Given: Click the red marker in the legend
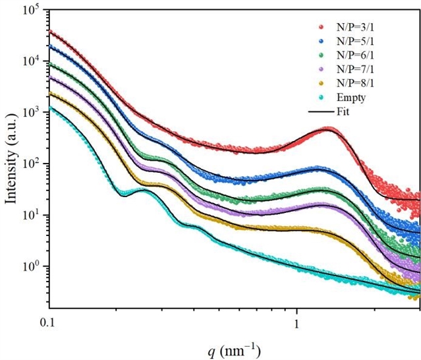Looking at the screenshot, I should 321,28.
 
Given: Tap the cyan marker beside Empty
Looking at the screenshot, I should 321,98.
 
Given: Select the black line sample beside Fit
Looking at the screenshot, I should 321,111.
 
